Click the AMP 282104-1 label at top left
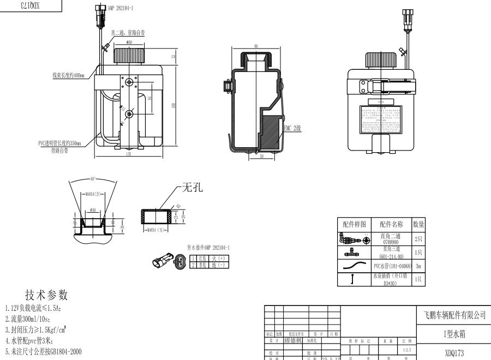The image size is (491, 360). pyautogui.click(x=121, y=9)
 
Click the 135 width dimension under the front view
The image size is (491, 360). pyautogui.click(x=128, y=154)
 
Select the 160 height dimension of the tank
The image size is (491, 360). pyautogui.click(x=173, y=106)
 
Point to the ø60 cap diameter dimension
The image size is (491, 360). pyautogui.click(x=129, y=41)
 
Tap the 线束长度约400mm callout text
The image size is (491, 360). pyautogui.click(x=68, y=75)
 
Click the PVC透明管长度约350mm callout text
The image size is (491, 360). pyautogui.click(x=59, y=143)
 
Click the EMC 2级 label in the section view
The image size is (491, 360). pyautogui.click(x=292, y=129)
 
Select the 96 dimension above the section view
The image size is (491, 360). pyautogui.click(x=255, y=46)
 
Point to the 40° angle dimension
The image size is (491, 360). pyautogui.click(x=92, y=178)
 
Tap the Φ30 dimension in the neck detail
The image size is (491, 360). pyautogui.click(x=93, y=209)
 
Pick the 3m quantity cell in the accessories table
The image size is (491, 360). pyautogui.click(x=418, y=266)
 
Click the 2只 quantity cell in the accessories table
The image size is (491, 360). pyautogui.click(x=418, y=238)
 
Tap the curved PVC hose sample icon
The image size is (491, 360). pyautogui.click(x=354, y=266)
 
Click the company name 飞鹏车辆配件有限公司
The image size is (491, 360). pyautogui.click(x=454, y=315)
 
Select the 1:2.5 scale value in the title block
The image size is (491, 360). pyautogui.click(x=406, y=349)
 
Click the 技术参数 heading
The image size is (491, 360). pyautogui.click(x=46, y=295)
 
